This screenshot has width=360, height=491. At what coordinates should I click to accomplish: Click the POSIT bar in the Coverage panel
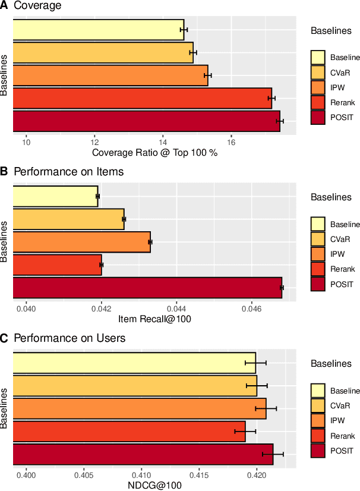pyautogui.click(x=146, y=121)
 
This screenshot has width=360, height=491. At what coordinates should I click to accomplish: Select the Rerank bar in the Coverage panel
pyautogui.click(x=141, y=98)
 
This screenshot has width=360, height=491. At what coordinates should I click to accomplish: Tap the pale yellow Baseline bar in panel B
pyautogui.click(x=55, y=196)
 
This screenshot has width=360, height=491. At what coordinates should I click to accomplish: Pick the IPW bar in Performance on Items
pyautogui.click(x=81, y=242)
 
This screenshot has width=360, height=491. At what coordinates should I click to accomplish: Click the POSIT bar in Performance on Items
pyautogui.click(x=147, y=288)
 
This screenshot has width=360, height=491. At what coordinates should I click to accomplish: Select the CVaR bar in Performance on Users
pyautogui.click(x=134, y=386)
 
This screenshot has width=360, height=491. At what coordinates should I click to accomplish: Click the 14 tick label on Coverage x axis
pyautogui.click(x=163, y=142)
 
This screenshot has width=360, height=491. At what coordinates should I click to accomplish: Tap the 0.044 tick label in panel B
pyautogui.click(x=177, y=309)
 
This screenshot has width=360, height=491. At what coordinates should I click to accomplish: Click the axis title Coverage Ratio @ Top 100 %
pyautogui.click(x=154, y=153)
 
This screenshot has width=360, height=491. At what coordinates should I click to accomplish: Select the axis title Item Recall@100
pyautogui.click(x=154, y=319)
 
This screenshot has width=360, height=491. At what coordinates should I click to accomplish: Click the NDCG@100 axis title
pyautogui.click(x=154, y=486)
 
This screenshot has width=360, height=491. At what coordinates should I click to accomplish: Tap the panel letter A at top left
pyautogui.click(x=5, y=5)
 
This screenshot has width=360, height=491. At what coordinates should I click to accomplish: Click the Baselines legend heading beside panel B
pyautogui.click(x=331, y=197)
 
